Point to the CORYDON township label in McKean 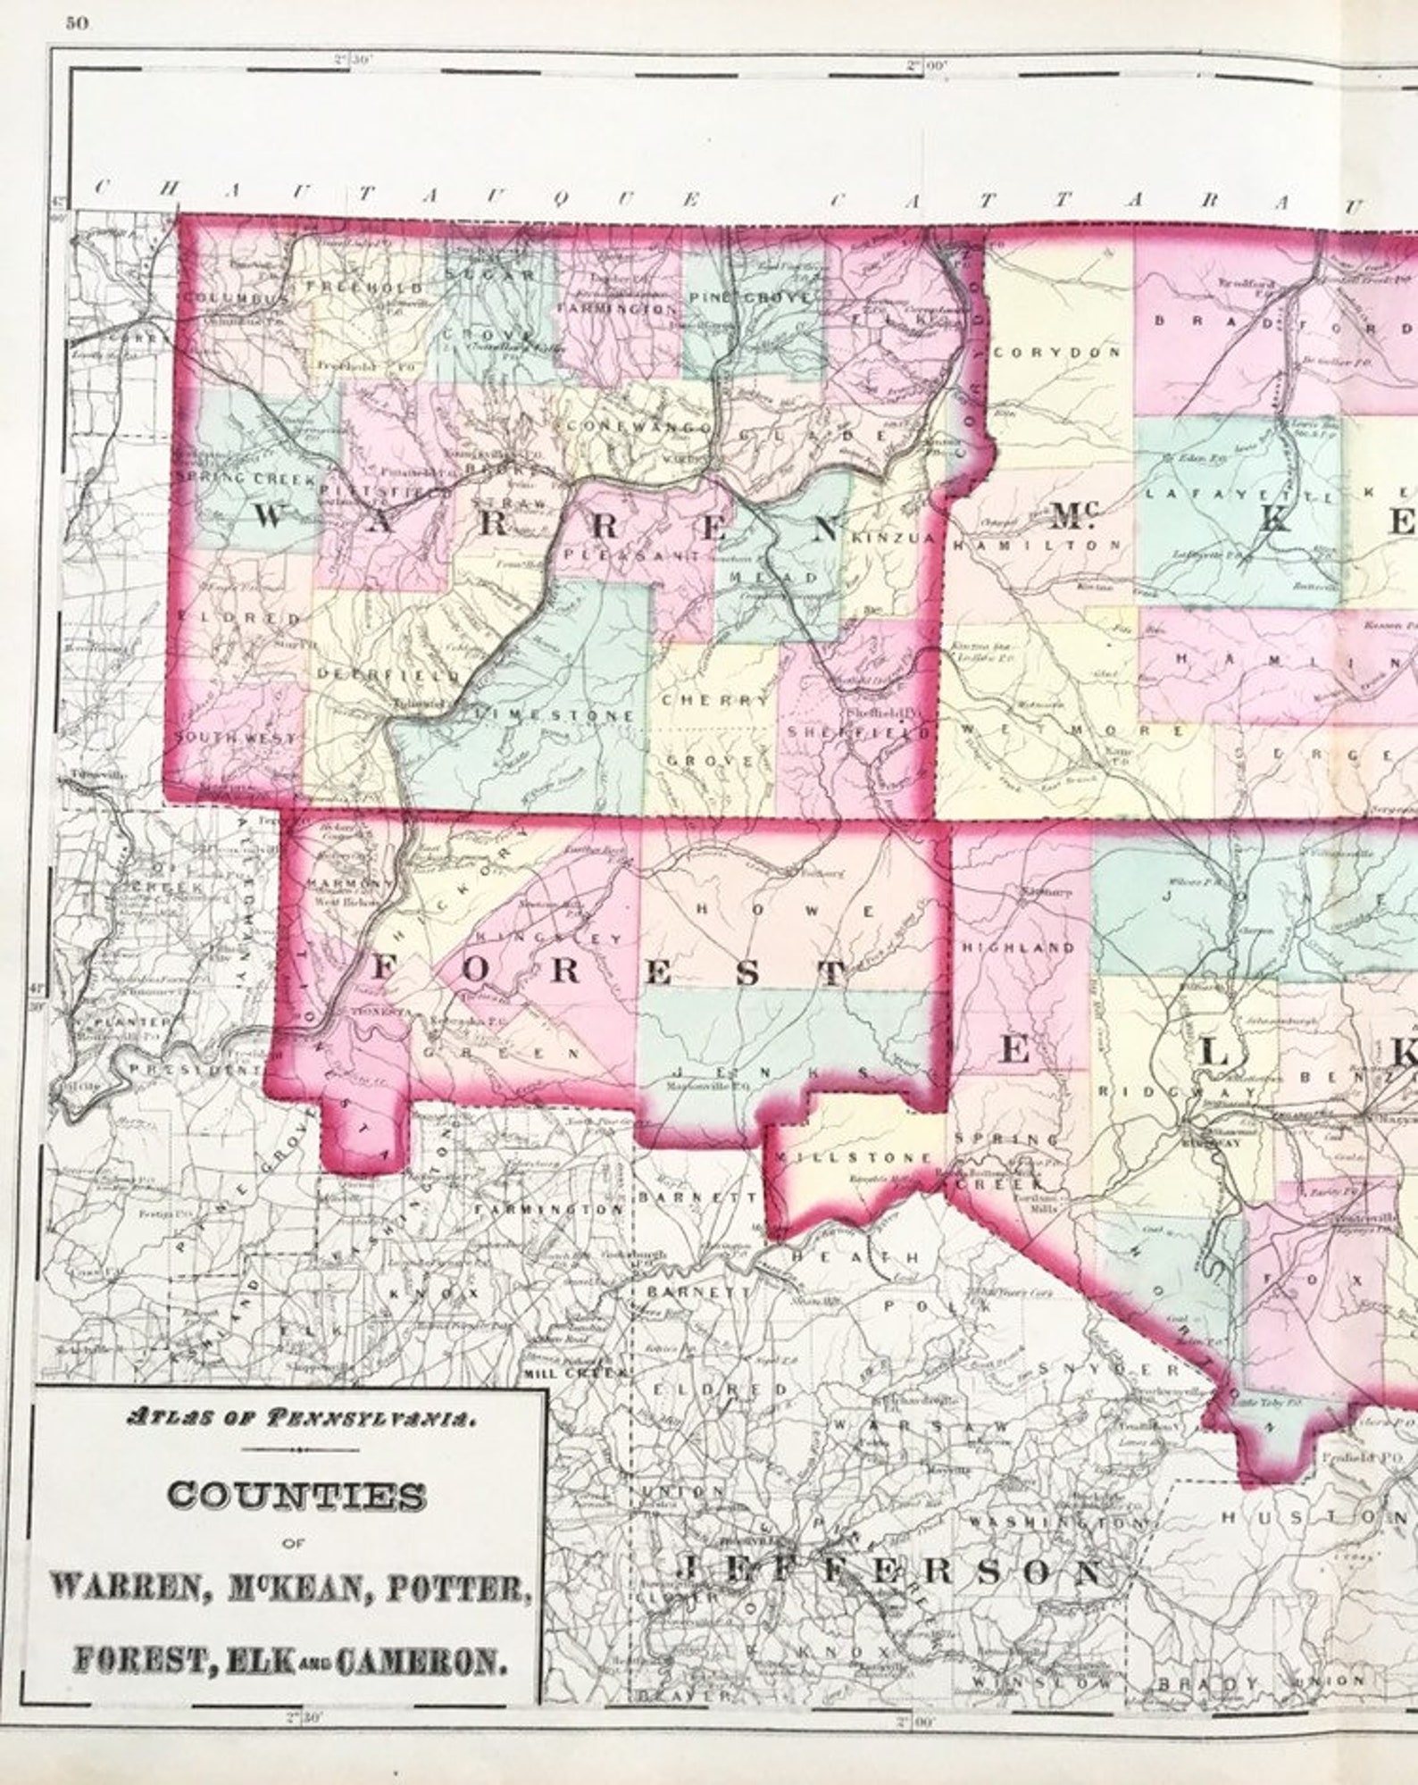(x=1056, y=353)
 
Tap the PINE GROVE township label (x=749, y=296)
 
